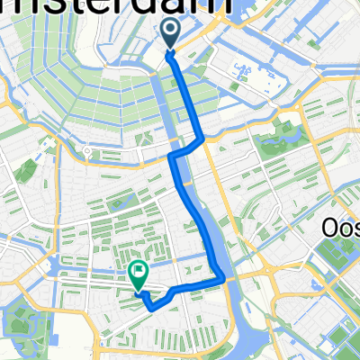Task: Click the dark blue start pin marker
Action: point(171,34)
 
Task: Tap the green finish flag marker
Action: point(139,271)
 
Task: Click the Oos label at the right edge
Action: point(341,229)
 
